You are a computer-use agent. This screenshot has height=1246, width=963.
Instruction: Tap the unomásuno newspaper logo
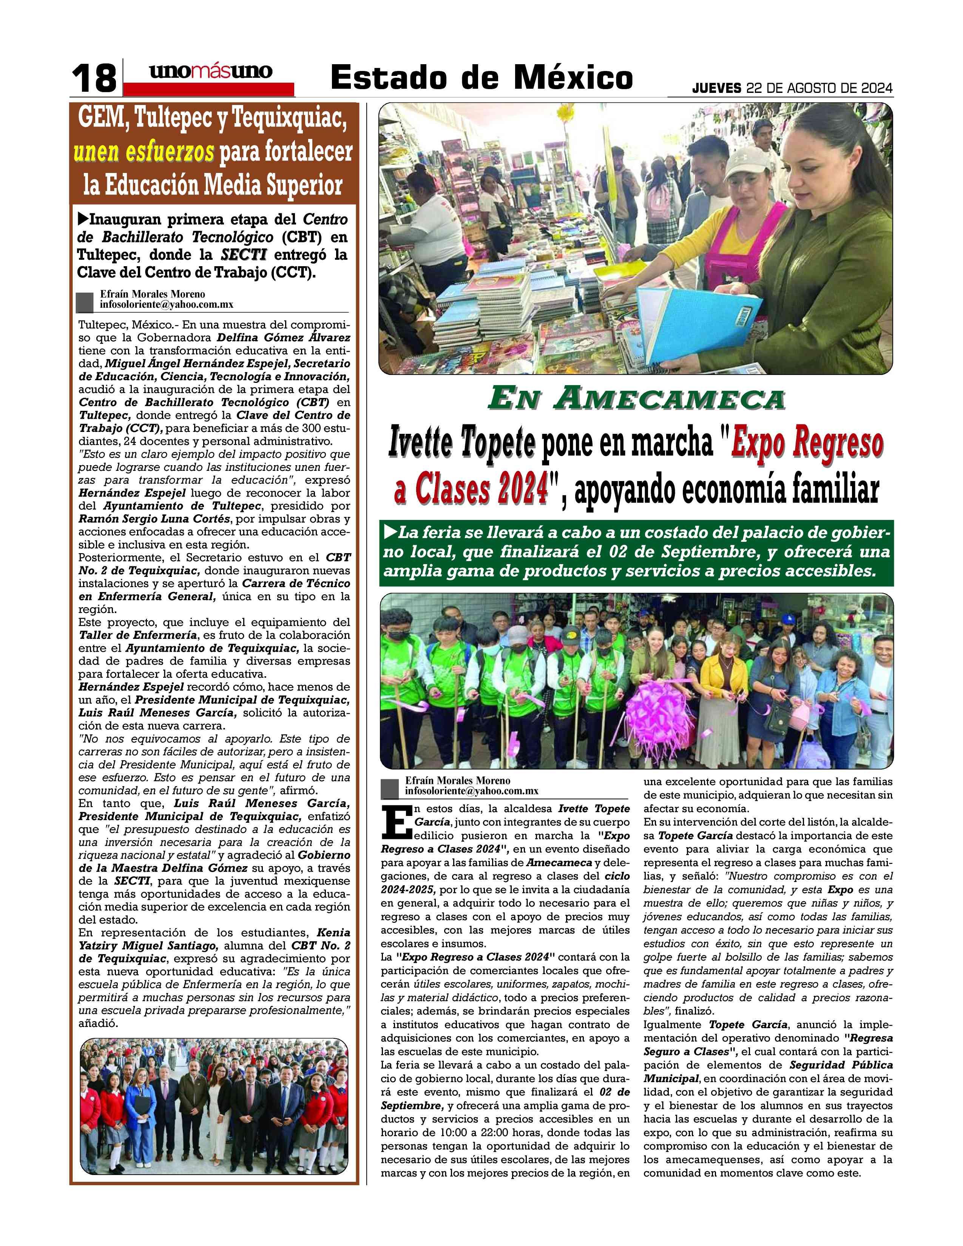(x=210, y=72)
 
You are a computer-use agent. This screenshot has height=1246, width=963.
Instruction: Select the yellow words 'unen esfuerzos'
(x=144, y=152)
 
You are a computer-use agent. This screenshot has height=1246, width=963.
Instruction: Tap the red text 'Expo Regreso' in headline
(x=807, y=443)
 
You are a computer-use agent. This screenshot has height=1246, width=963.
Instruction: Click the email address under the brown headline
(x=167, y=305)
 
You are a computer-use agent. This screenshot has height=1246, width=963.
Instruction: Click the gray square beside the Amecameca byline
(x=390, y=789)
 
